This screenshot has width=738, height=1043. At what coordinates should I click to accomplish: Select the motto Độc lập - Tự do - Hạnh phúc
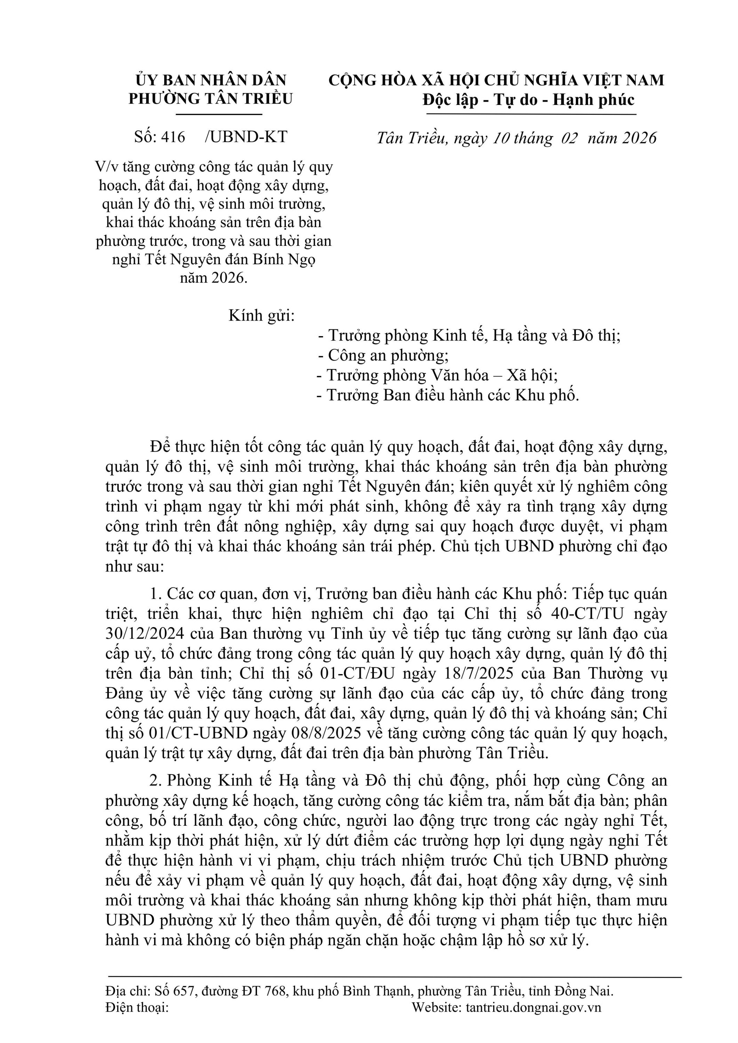(529, 99)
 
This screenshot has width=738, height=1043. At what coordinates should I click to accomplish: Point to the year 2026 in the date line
(639, 138)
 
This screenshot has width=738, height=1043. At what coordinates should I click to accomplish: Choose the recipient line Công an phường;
(384, 355)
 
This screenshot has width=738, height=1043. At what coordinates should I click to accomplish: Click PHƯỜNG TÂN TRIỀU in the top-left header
(211, 99)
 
